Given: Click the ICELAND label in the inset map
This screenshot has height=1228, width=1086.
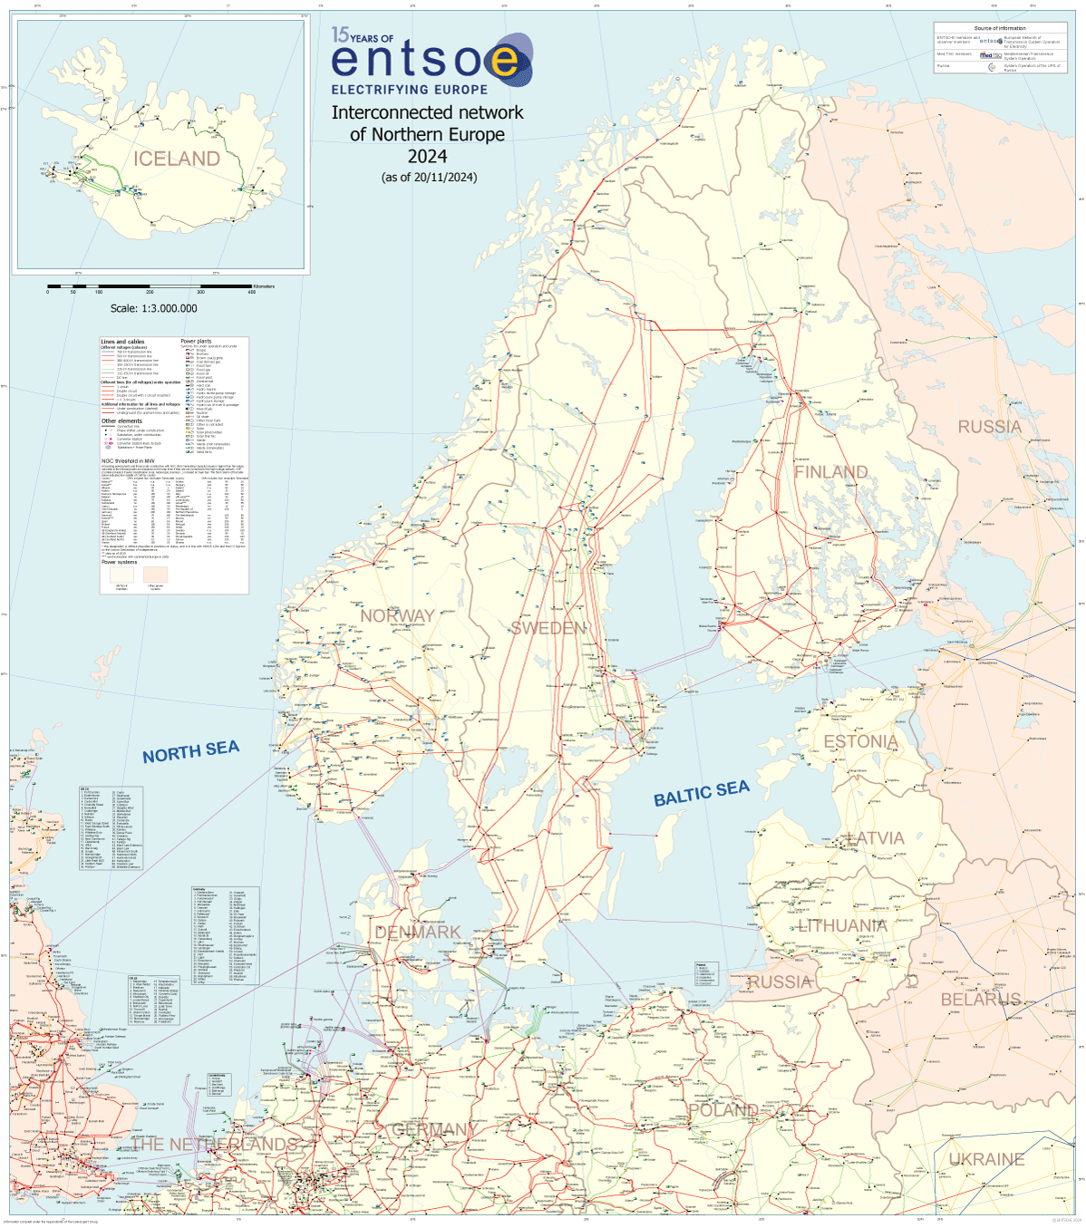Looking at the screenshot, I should click(x=177, y=159).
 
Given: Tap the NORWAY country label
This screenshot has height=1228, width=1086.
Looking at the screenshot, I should click(x=397, y=616).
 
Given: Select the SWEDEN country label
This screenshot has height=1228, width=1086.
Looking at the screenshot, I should click(x=548, y=628).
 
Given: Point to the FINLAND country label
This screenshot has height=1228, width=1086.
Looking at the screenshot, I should click(x=830, y=472).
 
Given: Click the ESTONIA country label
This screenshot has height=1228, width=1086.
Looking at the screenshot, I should click(x=860, y=741).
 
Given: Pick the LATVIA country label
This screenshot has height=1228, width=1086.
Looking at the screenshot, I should click(x=875, y=838).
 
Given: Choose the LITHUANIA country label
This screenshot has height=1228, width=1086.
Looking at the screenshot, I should click(x=842, y=925).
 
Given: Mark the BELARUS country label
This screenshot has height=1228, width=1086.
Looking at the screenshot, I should click(x=980, y=1000).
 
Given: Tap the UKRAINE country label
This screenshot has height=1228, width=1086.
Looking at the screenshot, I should click(x=986, y=1159).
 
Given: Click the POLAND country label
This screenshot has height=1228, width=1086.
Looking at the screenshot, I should click(x=723, y=1110).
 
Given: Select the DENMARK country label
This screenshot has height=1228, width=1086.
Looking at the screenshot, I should click(x=418, y=932).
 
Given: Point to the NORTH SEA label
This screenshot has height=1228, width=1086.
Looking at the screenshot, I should click(x=190, y=751).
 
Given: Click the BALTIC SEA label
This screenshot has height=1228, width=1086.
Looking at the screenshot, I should click(x=702, y=793).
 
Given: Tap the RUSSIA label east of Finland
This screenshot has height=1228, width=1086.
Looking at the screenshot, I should click(x=989, y=427).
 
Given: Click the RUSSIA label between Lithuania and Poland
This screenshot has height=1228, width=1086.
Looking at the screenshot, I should click(x=779, y=981).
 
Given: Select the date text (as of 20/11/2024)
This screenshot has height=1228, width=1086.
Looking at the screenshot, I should click(x=429, y=177).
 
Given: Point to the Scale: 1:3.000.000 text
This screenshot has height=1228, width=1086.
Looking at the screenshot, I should click(x=153, y=308).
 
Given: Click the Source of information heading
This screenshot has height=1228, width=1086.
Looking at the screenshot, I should click(x=1000, y=28).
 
